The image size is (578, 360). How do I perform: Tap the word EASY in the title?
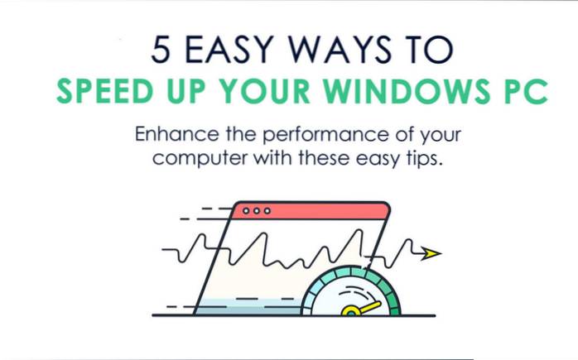tap(226, 50)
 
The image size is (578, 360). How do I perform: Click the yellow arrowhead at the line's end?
tap(430, 254)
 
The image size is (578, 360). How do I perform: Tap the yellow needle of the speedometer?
tap(361, 308)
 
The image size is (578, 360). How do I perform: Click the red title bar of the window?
tap(315, 212)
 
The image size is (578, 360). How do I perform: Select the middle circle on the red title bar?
tap(255, 211)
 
